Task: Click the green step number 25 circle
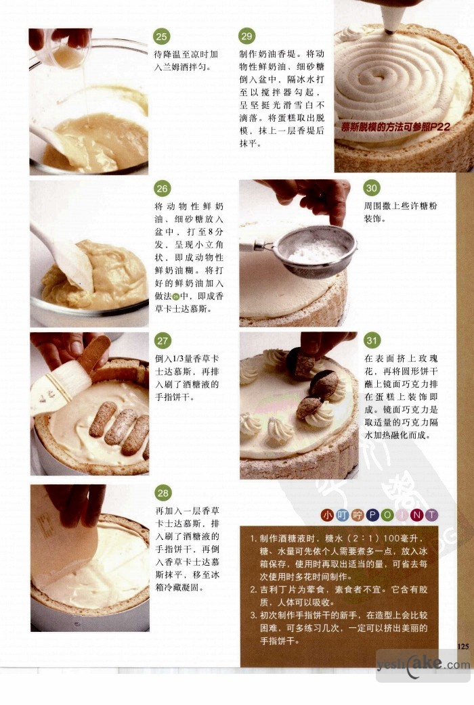(162, 37)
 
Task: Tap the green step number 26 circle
(163, 188)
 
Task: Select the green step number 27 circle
(163, 341)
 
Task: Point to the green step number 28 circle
(163, 493)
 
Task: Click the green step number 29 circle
(246, 36)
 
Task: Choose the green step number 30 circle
(371, 188)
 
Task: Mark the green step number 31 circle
(372, 340)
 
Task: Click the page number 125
(462, 646)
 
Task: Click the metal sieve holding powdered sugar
(315, 252)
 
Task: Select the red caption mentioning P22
(395, 127)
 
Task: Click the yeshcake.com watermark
(423, 664)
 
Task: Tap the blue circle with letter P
(372, 516)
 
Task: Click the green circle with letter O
(387, 516)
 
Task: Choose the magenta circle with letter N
(416, 516)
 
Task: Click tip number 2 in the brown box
(339, 596)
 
